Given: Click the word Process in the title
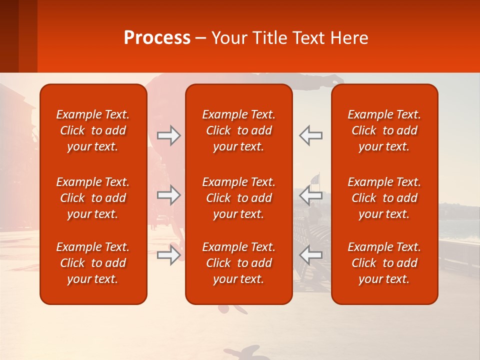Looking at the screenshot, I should tap(157, 38).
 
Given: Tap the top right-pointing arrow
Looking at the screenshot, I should tap(168, 135).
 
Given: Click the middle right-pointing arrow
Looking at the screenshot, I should tap(168, 195).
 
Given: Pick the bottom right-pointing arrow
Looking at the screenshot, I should tap(168, 255).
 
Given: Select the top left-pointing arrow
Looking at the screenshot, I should tap(311, 135).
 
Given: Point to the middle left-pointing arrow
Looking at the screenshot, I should tap(311, 195).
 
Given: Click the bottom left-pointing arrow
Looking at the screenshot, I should tap(311, 255).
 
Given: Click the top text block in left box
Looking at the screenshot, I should tap(93, 130).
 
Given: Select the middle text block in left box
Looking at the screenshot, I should tap(93, 198).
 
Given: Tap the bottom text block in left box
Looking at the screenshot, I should tap(93, 263).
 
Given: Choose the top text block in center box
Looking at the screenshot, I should tap(238, 130).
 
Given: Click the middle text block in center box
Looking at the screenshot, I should tap(238, 198).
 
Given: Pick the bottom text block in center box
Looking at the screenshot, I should tap(238, 263).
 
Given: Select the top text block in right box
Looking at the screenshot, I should tap(384, 130).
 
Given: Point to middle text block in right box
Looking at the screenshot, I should tap(384, 198).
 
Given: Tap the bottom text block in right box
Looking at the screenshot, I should tap(384, 263).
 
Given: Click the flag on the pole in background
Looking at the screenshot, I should tap(314, 179).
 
